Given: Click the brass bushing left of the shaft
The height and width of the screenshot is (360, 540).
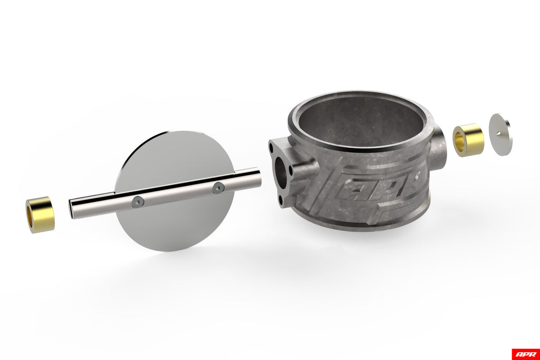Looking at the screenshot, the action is tap(40, 215).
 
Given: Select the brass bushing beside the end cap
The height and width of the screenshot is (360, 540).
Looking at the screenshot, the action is tap(468, 140).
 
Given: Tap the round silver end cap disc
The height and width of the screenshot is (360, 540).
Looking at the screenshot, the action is tap(501, 134).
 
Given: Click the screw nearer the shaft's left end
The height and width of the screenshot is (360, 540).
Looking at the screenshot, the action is tap(137, 203).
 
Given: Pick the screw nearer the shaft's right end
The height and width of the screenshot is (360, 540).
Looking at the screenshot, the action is tap(218, 188).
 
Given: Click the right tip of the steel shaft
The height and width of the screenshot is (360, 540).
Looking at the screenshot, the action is tap(259, 176).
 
